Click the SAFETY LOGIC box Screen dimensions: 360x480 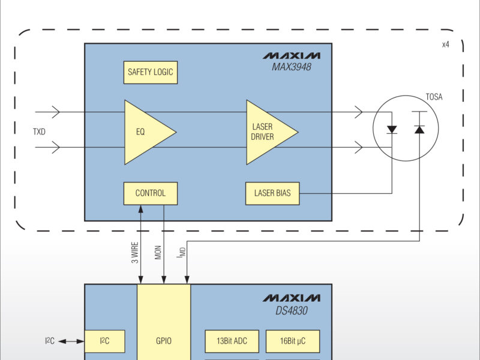[x=150, y=73]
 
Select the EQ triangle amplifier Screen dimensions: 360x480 [x=144, y=132]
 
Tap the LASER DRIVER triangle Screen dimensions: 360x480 [x=266, y=132]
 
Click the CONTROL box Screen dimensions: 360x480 [x=150, y=193]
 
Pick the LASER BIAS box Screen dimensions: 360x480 [x=272, y=193]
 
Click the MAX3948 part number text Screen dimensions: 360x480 [x=292, y=67]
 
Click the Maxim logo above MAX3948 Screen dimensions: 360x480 [x=291, y=56]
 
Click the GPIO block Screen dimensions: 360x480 [x=164, y=340]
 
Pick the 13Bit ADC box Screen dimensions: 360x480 [x=232, y=341]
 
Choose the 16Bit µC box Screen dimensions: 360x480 [x=292, y=341]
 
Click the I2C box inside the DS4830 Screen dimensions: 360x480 [x=104, y=341]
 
